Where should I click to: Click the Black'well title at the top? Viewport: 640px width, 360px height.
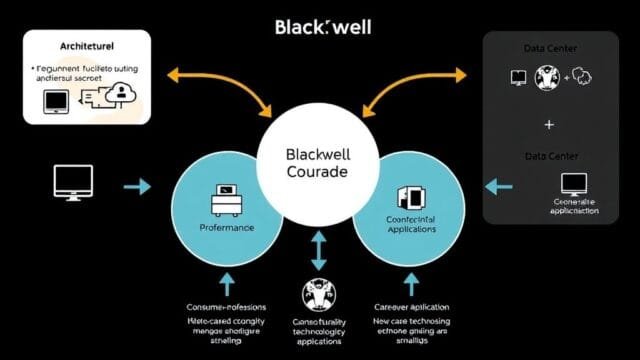click(322, 26)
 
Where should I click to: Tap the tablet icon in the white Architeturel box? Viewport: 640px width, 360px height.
click(54, 100)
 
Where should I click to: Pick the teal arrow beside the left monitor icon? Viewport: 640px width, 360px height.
click(137, 186)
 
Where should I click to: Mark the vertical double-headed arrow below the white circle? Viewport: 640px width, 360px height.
click(318, 249)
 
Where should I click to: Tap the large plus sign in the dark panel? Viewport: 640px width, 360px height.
click(548, 124)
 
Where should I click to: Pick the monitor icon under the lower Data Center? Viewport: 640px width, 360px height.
click(574, 183)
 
